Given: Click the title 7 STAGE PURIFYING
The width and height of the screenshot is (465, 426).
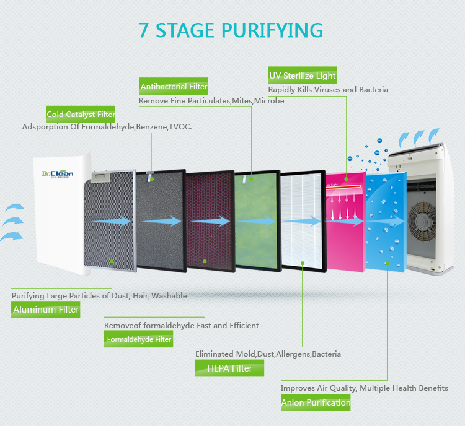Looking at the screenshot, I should tap(231, 30).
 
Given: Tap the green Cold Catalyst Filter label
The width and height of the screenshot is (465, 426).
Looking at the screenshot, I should tap(81, 115).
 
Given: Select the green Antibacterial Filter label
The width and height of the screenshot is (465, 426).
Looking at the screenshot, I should tap(174, 87).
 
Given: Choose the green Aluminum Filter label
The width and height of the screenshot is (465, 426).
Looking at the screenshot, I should tap(46, 310).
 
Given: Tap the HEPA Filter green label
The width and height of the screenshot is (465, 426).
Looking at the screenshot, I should tap(229, 368).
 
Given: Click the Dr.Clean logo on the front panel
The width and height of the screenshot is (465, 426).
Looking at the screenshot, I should tap(58, 174).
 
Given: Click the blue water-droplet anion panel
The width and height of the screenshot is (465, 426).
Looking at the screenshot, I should tap(385, 223).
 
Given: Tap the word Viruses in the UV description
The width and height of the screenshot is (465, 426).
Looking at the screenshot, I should tap(324, 90).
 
